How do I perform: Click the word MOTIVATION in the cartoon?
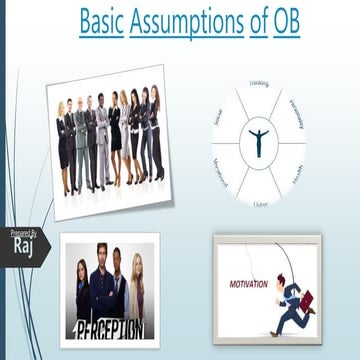point(249,283)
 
